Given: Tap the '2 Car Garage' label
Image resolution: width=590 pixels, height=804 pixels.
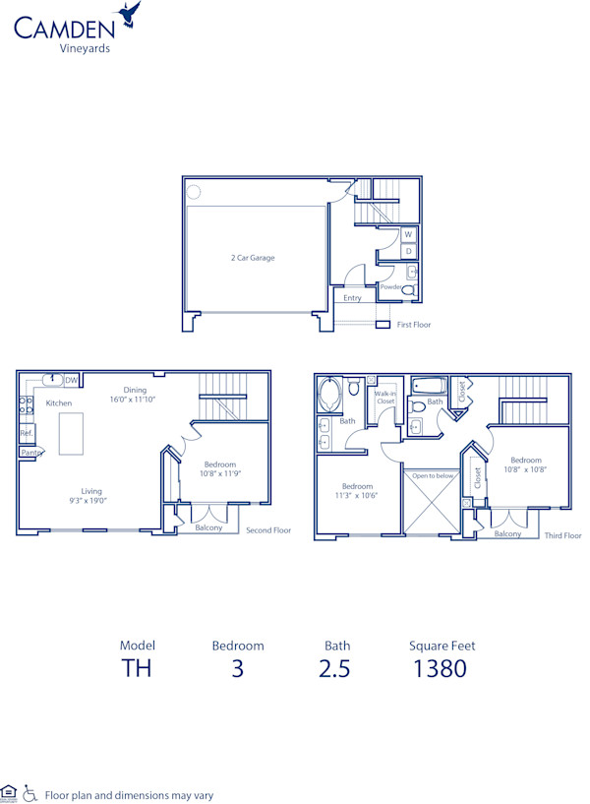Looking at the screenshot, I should (253, 258).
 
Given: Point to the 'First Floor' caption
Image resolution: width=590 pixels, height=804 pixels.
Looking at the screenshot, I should (414, 325).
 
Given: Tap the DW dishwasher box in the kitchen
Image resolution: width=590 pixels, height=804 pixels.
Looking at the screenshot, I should (72, 380).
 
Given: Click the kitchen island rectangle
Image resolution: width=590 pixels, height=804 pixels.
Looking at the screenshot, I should (70, 434).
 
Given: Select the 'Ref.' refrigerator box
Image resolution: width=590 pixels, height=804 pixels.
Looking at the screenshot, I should (27, 433).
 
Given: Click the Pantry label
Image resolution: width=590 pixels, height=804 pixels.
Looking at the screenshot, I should (31, 452).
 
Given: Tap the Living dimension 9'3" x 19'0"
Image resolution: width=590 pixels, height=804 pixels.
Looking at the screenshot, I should (91, 500).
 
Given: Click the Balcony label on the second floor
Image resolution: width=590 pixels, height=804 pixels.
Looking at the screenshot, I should (208, 527).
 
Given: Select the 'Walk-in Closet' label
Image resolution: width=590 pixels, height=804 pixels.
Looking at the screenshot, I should (385, 397).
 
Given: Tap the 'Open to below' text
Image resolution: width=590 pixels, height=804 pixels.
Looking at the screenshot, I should (432, 475).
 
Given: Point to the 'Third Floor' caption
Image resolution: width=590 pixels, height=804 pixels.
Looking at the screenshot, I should (562, 535).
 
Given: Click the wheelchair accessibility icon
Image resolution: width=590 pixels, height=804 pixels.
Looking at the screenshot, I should (29, 792).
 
